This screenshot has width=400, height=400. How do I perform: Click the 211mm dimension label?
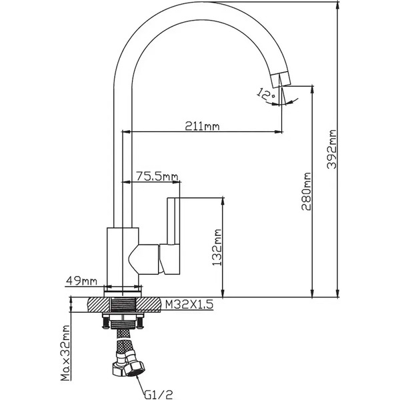(202, 126)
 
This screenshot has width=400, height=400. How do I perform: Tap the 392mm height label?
(331, 149)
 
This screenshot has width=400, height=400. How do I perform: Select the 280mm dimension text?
(306, 191)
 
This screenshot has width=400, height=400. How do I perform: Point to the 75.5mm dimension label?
(157, 176)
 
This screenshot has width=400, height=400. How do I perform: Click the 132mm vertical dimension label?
(217, 247)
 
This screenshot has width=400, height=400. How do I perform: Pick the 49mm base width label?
(81, 281)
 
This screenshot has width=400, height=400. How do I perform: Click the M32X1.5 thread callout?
(189, 305)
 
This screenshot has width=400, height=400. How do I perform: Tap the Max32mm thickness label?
(65, 353)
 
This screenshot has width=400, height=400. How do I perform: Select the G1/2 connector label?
(159, 395)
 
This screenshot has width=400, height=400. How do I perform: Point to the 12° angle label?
(265, 94)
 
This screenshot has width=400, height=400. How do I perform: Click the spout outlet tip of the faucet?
(281, 79)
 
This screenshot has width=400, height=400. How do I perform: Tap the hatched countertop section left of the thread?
(99, 305)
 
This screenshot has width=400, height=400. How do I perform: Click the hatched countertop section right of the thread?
(148, 305)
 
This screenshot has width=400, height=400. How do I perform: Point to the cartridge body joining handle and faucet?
(143, 259)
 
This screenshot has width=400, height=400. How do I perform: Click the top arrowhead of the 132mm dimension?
(223, 201)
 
